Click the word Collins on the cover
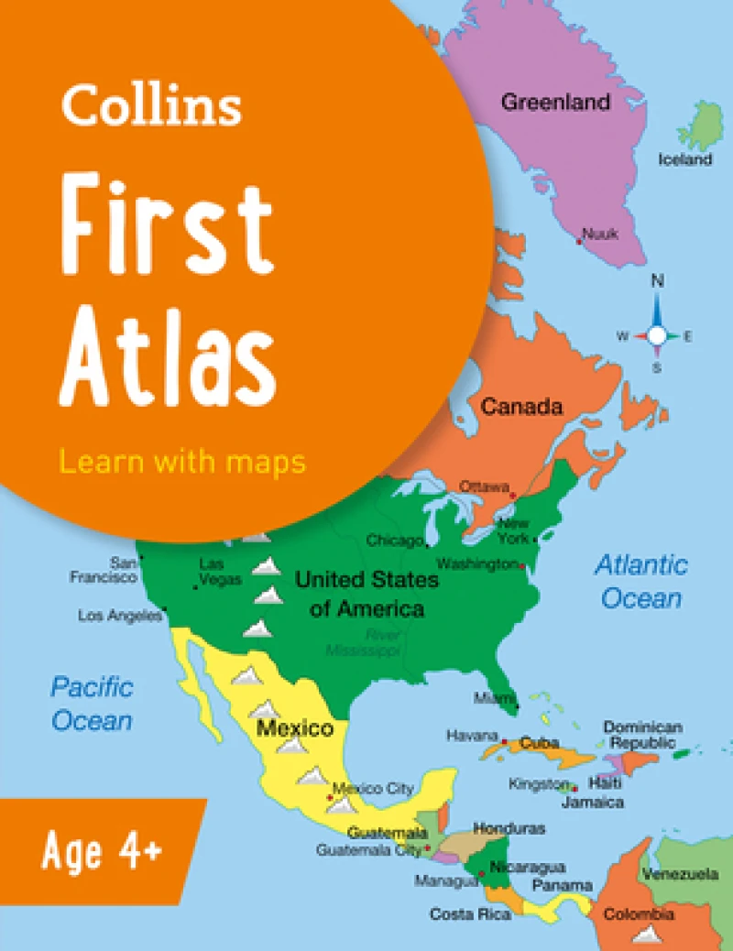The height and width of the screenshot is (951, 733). click(x=151, y=107)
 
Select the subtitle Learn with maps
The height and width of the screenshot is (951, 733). click(x=182, y=462)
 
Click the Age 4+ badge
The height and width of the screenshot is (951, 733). click(x=102, y=853)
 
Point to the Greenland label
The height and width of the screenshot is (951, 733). click(x=555, y=102)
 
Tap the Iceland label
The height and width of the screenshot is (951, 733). click(x=684, y=159)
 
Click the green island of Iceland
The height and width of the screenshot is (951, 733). click(x=704, y=126)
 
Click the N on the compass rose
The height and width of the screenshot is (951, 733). click(x=657, y=281)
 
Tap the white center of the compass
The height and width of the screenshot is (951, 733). click(x=657, y=336)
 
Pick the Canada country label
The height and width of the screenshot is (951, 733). click(x=522, y=406)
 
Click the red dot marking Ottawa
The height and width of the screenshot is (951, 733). click(x=513, y=495)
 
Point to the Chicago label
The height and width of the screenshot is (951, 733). click(x=395, y=541)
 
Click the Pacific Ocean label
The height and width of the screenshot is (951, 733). click(x=92, y=703)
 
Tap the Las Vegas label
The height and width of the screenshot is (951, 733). click(x=220, y=572)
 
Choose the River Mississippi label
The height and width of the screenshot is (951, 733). click(x=364, y=642)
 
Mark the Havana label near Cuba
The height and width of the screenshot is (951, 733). click(x=472, y=735)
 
